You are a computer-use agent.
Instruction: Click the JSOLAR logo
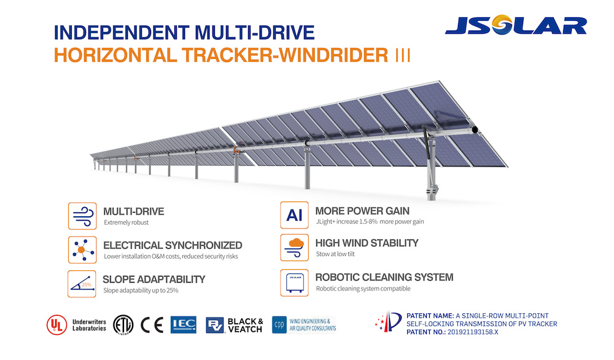coord(516,25)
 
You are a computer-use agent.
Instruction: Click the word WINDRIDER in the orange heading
coord(333,55)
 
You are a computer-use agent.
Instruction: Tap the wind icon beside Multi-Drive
coord(82,216)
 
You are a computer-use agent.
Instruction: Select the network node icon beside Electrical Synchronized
coord(82,250)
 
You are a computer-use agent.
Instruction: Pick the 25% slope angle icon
coord(82,284)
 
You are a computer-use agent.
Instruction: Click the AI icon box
coord(295,215)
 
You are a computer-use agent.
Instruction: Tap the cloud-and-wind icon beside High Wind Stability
coord(295,248)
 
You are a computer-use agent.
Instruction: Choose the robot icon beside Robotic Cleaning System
coord(295,283)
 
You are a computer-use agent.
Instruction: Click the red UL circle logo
coord(56,325)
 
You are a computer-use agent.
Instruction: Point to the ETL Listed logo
coord(123,325)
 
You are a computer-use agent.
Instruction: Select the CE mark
coord(152,325)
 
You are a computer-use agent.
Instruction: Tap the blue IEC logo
coord(183,325)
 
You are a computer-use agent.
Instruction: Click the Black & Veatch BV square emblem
coord(215,325)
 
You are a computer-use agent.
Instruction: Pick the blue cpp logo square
coord(279,325)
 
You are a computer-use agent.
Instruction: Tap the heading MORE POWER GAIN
coord(362,211)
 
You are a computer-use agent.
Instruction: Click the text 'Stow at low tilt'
coord(335,254)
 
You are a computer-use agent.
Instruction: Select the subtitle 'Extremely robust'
coord(126,222)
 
